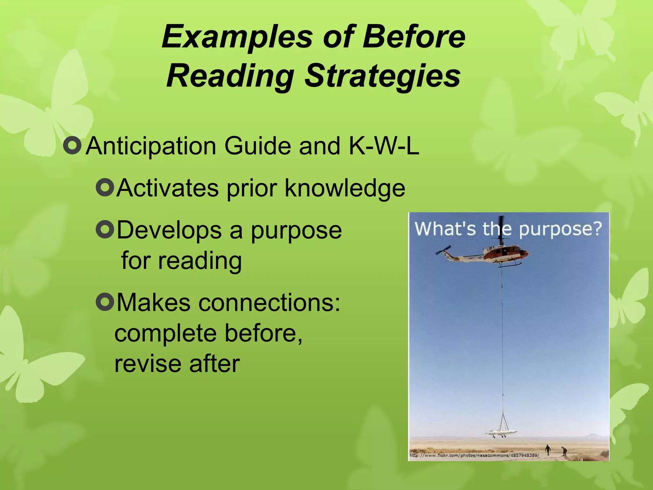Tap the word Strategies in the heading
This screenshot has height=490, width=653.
click(x=382, y=77)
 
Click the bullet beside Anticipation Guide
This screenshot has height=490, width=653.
click(x=72, y=146)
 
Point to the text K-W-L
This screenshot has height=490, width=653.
click(x=384, y=146)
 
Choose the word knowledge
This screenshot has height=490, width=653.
click(x=345, y=188)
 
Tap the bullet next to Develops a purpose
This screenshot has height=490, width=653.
click(x=105, y=230)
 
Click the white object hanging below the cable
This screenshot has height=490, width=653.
click(x=501, y=433)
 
